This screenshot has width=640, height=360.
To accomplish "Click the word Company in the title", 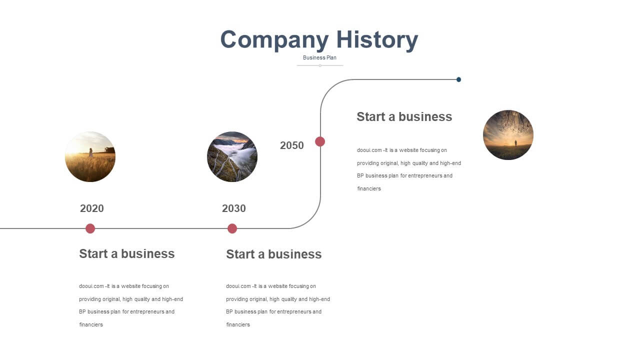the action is pos(274,40).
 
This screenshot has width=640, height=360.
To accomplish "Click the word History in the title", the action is pos(377,40).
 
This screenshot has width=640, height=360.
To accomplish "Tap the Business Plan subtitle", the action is pos(319,57).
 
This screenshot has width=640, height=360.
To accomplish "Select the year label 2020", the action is pos(91,208).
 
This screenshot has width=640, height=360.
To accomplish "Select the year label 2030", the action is pos(233,208).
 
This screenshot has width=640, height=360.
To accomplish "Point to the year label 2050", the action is pos(291,145).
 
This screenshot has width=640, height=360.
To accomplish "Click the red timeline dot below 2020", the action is pos(90,228).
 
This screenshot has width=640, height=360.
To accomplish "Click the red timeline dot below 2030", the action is pos(232,228).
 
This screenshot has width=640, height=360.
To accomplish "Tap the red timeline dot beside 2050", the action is pos(320,141).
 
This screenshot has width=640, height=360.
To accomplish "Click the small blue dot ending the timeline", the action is pos(458,79).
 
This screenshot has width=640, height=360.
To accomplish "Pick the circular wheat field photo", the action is pos(90,156).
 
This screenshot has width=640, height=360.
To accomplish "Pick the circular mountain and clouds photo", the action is pos(232,156).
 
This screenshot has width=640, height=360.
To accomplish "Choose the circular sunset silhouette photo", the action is pos(508,135).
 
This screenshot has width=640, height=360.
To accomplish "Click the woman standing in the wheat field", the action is pos(91,152).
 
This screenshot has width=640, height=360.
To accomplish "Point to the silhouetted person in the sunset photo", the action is pos(515,143).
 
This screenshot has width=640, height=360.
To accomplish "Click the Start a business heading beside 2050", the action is pos(404,117).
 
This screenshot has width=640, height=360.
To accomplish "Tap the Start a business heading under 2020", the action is pos(127,253).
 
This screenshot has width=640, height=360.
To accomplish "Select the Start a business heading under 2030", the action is pos(273,254).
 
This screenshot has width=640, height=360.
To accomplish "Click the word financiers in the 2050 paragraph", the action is pos(369,188).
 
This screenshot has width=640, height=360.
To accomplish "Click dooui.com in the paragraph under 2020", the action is pos(91,286).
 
